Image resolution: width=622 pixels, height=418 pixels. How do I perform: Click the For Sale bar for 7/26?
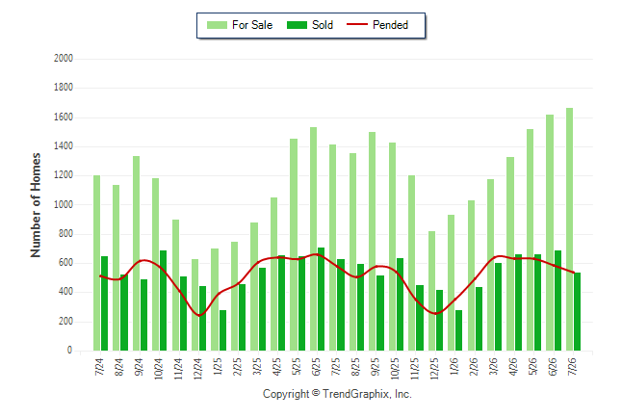click(x=569, y=229)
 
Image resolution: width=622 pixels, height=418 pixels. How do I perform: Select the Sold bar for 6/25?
click(x=321, y=299)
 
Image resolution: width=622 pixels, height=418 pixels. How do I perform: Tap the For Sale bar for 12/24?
click(x=194, y=305)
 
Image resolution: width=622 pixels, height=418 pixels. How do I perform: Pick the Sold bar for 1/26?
click(x=458, y=330)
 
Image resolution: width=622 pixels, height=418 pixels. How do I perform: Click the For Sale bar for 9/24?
click(x=136, y=253)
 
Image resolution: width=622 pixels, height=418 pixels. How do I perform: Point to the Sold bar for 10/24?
click(x=163, y=300)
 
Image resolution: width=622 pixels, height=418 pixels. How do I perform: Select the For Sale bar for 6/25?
click(x=313, y=239)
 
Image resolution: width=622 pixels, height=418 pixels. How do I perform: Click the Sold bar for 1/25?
click(x=222, y=330)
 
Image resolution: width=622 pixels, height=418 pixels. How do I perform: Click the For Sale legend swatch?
click(x=217, y=25)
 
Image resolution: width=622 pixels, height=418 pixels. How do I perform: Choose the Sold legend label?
click(x=323, y=25)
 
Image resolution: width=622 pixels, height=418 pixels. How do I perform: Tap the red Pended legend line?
click(x=357, y=25)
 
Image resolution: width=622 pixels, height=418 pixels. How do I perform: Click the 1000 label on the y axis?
click(x=64, y=204)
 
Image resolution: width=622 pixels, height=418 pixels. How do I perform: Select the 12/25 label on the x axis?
click(x=435, y=369)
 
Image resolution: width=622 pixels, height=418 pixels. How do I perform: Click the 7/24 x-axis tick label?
click(x=99, y=367)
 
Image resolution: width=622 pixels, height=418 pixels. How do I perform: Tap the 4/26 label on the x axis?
click(x=513, y=367)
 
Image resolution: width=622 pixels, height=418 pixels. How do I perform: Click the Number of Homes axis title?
click(x=36, y=205)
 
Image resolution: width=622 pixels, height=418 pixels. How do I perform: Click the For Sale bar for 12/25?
click(x=431, y=291)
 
